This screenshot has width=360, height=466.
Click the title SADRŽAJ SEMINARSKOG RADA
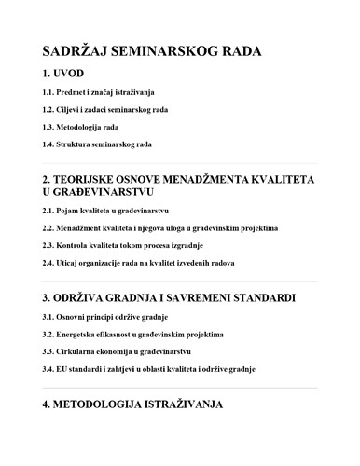point(151,52)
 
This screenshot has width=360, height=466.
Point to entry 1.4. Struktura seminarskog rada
point(97,144)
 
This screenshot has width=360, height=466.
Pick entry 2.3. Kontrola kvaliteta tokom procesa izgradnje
point(120,246)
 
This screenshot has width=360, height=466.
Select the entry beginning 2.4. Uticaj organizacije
point(138,263)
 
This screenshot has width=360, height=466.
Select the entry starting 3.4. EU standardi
point(148,369)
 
